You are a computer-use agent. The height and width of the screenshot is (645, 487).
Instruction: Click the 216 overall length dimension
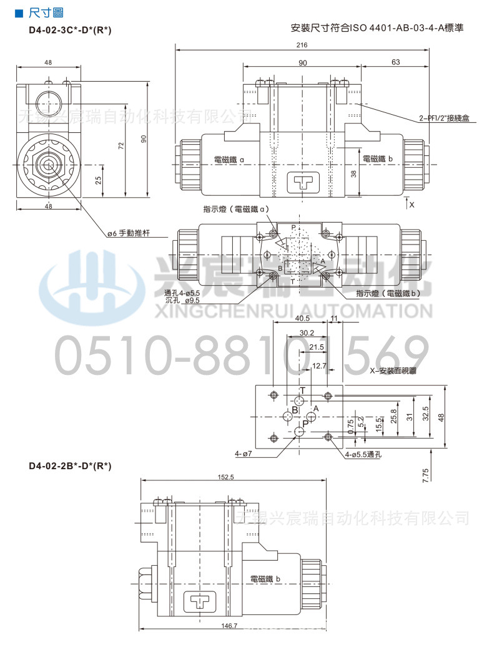point(302,46)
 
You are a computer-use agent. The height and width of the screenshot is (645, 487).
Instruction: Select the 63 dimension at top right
point(395,62)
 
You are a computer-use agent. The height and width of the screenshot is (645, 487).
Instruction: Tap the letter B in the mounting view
point(295,410)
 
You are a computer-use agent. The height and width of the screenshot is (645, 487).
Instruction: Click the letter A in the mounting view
point(317,409)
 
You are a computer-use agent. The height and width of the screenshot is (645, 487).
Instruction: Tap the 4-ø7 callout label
point(243,453)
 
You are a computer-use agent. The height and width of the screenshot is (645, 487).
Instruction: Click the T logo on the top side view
point(301,182)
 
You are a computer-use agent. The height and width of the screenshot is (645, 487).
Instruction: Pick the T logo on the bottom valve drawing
point(199,602)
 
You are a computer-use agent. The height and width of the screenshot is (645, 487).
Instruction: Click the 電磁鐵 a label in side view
point(229,160)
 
